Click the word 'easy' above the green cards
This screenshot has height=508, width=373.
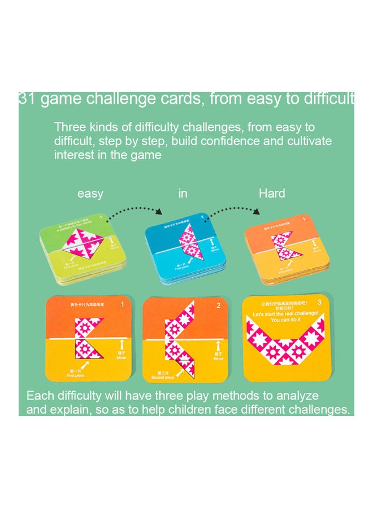[90, 194]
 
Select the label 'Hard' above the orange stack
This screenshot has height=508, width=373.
[272, 194]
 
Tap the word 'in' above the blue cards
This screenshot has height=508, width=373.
[183, 194]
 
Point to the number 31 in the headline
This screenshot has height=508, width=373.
[27, 99]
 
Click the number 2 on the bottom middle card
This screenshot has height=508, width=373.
[218, 305]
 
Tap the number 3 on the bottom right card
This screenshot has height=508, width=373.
[319, 303]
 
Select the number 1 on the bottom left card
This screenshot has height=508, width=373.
[122, 305]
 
